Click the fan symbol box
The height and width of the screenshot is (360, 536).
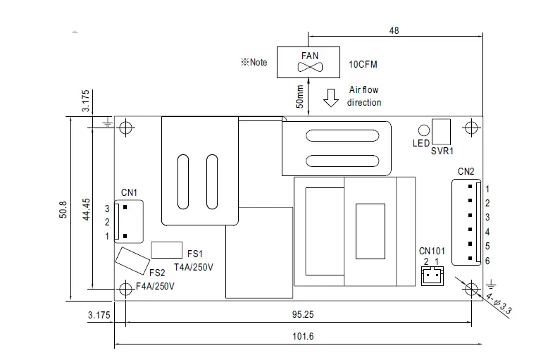coord(308,62)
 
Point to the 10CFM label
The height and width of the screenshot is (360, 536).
coord(363,65)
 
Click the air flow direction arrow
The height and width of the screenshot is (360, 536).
coord(330,99)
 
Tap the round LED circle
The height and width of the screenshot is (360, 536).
coord(423,130)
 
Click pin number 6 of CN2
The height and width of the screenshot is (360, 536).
coord(487,261)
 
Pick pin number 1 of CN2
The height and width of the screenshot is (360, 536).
coord(487,189)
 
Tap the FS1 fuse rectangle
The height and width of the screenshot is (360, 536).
coord(167,250)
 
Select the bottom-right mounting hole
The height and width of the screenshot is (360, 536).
coord(471,287)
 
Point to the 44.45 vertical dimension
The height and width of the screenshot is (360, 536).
coord(86,209)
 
